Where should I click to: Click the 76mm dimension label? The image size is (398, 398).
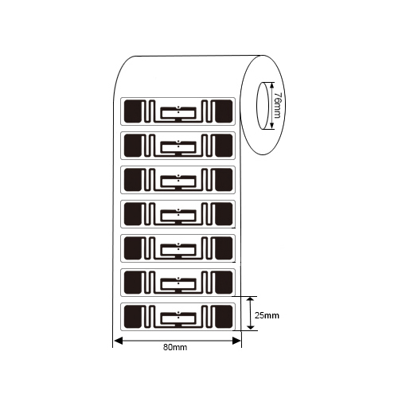click(x=277, y=105)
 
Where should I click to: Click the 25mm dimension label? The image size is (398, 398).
click(x=267, y=315)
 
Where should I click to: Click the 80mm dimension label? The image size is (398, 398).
click(x=175, y=347)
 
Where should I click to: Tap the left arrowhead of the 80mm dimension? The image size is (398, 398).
click(x=118, y=341)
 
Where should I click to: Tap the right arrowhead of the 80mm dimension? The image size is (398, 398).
click(x=236, y=341)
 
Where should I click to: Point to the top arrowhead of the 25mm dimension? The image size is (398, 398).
click(x=251, y=301)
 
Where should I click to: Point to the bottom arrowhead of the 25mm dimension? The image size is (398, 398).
click(x=251, y=326)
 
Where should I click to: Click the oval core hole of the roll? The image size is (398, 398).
click(x=263, y=106)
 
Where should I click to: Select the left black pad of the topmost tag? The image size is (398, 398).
click(x=133, y=111)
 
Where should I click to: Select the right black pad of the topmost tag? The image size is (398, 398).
click(x=224, y=111)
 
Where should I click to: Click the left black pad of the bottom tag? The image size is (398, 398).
click(x=133, y=317)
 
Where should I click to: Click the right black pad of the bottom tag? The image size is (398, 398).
click(x=224, y=317)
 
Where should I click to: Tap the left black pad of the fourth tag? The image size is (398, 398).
click(x=133, y=214)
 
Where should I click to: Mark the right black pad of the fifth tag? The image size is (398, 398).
click(x=224, y=248)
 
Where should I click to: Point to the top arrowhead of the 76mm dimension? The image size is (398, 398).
click(x=271, y=85)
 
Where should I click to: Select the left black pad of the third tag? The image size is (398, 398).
click(x=133, y=180)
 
